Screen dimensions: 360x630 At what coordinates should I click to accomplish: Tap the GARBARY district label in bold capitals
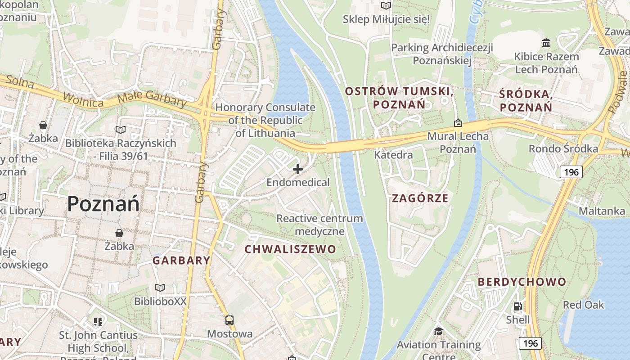[x=181, y=260]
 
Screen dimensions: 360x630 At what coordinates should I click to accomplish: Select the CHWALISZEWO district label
[x=290, y=249]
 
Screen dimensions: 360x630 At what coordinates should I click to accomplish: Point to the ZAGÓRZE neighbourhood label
[x=420, y=198]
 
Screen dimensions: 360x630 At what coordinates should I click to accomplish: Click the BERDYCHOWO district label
[x=522, y=282]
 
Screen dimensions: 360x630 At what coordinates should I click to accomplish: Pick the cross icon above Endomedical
[x=298, y=170]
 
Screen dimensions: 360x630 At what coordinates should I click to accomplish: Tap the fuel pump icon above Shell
[x=518, y=307]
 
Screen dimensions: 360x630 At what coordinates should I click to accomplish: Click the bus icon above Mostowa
[x=229, y=320]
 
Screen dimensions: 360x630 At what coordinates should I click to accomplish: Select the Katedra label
[x=393, y=155]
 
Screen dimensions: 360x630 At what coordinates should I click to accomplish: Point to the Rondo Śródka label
[x=563, y=149]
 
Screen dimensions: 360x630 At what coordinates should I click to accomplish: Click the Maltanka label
[x=602, y=211]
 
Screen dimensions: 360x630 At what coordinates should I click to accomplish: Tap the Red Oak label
[x=583, y=305]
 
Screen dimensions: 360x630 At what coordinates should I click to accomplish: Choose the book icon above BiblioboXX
[x=160, y=288]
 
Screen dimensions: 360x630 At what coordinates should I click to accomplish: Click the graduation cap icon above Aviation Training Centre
[x=438, y=332]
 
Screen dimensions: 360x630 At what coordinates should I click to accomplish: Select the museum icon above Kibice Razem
[x=546, y=43]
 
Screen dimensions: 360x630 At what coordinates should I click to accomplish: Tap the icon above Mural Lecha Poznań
[x=458, y=122]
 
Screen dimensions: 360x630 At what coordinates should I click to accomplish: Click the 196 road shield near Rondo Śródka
[x=571, y=171]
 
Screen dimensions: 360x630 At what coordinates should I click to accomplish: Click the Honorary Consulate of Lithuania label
[x=265, y=120]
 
